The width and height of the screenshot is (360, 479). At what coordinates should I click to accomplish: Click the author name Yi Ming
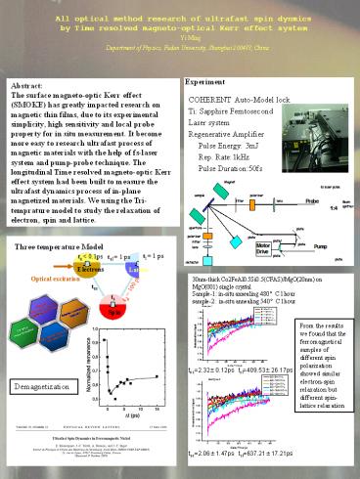click(x=179, y=38)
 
